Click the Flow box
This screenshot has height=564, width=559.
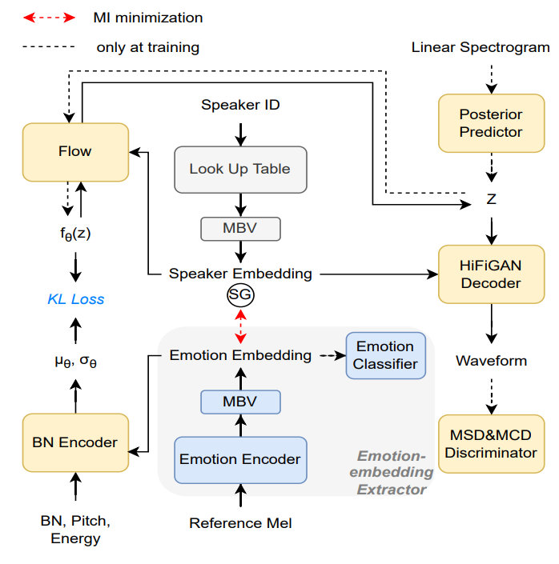[x=75, y=151]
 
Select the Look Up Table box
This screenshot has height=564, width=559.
[x=240, y=169]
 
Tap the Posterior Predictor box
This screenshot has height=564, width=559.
[x=491, y=122]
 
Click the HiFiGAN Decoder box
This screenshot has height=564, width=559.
[x=491, y=274]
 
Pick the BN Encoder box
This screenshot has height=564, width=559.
[x=75, y=442]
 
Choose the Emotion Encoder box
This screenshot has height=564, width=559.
[x=240, y=459]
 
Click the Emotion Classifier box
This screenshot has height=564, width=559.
[x=385, y=355]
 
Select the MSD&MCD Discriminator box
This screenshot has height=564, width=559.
[x=491, y=443]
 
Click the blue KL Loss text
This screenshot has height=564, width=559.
[x=75, y=299]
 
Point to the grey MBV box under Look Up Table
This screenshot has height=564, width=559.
[x=240, y=229]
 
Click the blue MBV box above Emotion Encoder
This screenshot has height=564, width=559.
[x=240, y=400]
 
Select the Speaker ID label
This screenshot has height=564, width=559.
[x=240, y=105]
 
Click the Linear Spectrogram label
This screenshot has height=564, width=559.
[x=481, y=47]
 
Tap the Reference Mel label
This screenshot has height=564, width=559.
[x=240, y=523]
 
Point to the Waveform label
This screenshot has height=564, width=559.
[x=491, y=361]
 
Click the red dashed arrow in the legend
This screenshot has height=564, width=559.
[x=50, y=17]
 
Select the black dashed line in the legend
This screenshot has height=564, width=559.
[x=50, y=47]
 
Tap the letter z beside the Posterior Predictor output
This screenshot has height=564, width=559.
[x=491, y=199]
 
